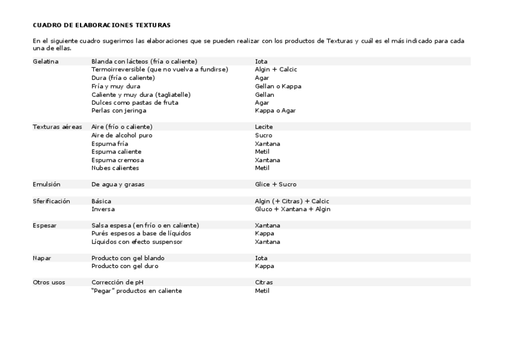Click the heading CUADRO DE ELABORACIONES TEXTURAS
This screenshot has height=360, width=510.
(102, 25)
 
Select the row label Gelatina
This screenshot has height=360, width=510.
(46, 61)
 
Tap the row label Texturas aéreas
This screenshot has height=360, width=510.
(57, 127)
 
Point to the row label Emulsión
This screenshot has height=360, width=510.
(46, 184)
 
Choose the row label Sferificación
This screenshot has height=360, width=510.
(52, 201)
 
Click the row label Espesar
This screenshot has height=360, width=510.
(45, 225)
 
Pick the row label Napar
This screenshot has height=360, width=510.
(42, 258)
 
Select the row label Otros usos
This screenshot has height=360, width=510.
(49, 282)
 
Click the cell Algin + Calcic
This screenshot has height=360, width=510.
(276, 70)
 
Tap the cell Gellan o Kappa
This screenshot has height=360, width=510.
(278, 86)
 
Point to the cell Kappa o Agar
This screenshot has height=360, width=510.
(275, 111)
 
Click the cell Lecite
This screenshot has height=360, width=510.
(264, 127)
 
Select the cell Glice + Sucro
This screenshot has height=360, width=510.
(275, 184)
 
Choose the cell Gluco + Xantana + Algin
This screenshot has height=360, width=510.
(292, 209)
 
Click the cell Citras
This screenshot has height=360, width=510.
(264, 282)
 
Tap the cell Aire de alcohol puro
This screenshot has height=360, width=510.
(122, 135)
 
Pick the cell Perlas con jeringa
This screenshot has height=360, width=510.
(118, 111)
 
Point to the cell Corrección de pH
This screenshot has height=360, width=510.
(120, 282)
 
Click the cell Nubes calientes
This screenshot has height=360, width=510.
(114, 168)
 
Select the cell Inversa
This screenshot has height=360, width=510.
(103, 209)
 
